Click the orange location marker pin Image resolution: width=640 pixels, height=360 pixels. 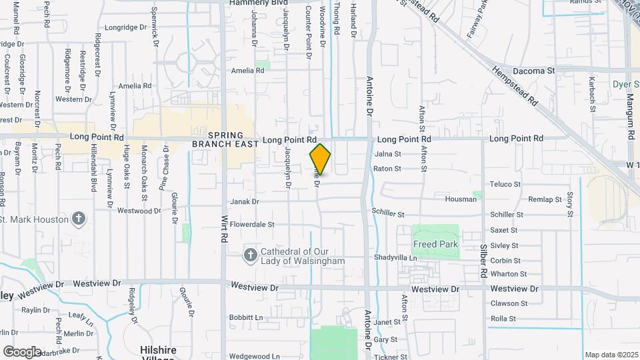pos(320,159)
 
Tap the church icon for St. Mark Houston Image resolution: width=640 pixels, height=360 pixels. pos(79,219)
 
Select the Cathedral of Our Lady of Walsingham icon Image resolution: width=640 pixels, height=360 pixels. pos(250,255)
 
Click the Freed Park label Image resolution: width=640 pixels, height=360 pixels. pos(435,244)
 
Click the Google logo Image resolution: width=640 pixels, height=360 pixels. pos(22,352)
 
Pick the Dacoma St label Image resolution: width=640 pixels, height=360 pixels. pos(533,71)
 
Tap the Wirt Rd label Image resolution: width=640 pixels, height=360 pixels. pos(225,227)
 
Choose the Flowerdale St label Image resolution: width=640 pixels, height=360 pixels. pos(252,225)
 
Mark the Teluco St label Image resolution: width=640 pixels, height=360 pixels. pos(505,184)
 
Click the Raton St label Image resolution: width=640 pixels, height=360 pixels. pos(387,169)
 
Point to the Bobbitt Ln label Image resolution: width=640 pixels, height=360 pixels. pos(246,317)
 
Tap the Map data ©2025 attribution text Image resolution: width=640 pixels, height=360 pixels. pos(610,355)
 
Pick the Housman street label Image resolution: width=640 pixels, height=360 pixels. pos(460,199)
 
